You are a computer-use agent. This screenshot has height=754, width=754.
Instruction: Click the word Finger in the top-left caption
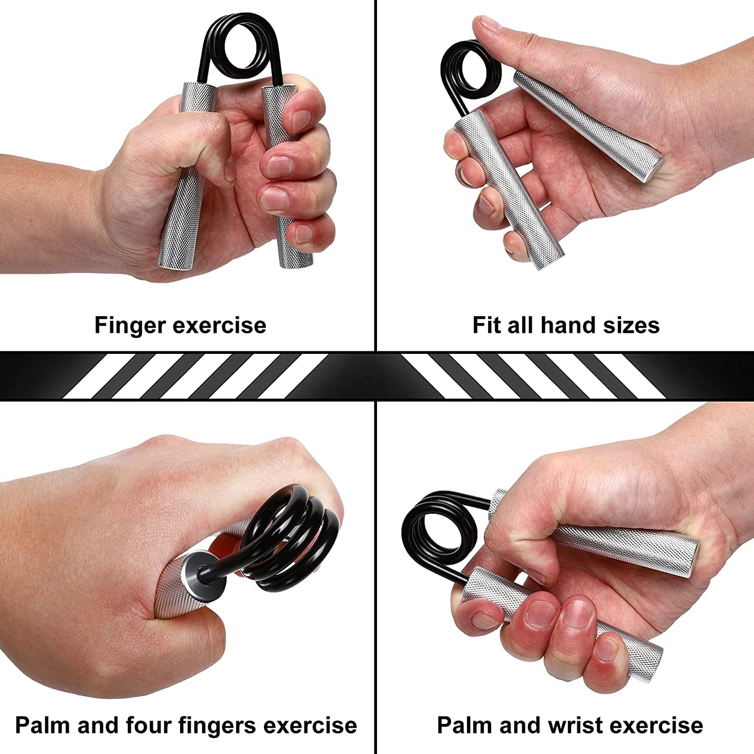(130, 325)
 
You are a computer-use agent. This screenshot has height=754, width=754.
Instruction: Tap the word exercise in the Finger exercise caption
(219, 325)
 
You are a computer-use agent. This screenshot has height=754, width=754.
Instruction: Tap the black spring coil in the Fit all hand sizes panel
(470, 70)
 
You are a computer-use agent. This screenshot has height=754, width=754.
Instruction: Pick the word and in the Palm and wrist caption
(520, 725)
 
